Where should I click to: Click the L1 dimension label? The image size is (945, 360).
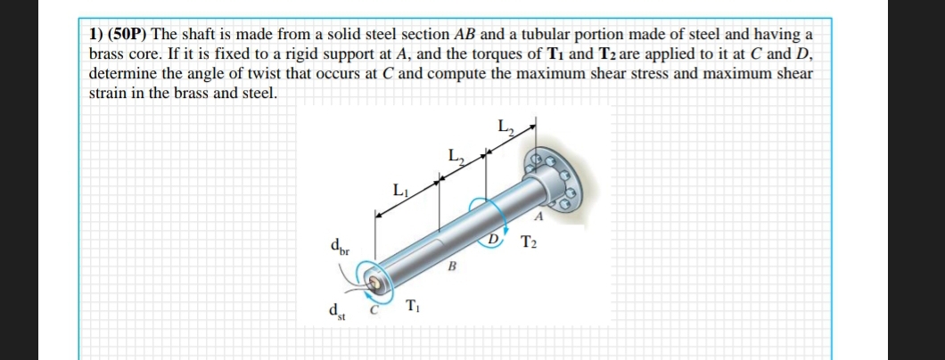[x=399, y=190]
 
